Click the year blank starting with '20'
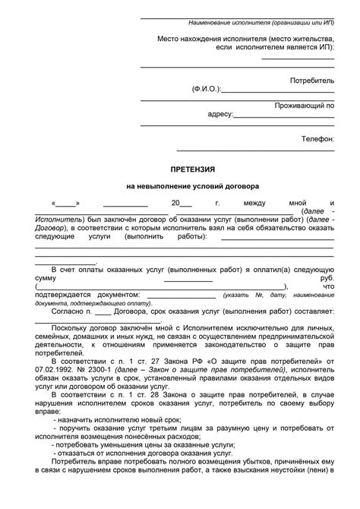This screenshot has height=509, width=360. [x=177, y=204]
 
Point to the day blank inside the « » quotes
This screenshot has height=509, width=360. [x=66, y=204]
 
